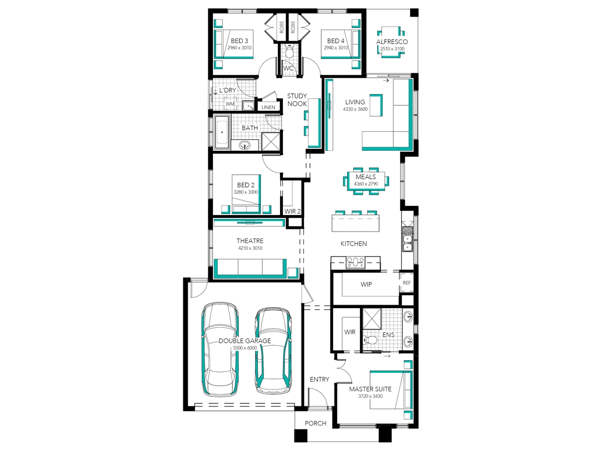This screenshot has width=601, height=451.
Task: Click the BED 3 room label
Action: tap(239, 41)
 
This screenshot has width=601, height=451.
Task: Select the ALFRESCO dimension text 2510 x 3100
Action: tap(392, 49)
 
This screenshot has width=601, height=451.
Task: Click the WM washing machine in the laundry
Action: tap(230, 104)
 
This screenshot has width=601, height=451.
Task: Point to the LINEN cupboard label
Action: tap(268, 107)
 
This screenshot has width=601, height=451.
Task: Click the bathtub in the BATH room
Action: tap(222, 132)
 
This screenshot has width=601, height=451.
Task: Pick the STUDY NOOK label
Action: tap(297, 100)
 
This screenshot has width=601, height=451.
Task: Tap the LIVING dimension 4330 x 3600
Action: tap(355, 109)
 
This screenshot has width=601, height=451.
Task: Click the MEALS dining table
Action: tap(366, 181)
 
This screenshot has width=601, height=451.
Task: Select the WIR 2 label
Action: tap(292, 211)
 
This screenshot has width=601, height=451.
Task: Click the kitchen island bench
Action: tap(356, 223)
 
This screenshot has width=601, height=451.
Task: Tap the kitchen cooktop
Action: tap(356, 262)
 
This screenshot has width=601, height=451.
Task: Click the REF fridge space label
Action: tap(407, 283)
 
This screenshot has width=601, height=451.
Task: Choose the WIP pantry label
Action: tap(366, 284)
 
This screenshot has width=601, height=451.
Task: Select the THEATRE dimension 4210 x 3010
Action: tap(250, 248)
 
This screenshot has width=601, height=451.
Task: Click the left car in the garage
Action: tap(220, 349)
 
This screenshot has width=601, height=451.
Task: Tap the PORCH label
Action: tap(316, 423)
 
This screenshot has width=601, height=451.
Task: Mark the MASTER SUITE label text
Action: tap(370, 389)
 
